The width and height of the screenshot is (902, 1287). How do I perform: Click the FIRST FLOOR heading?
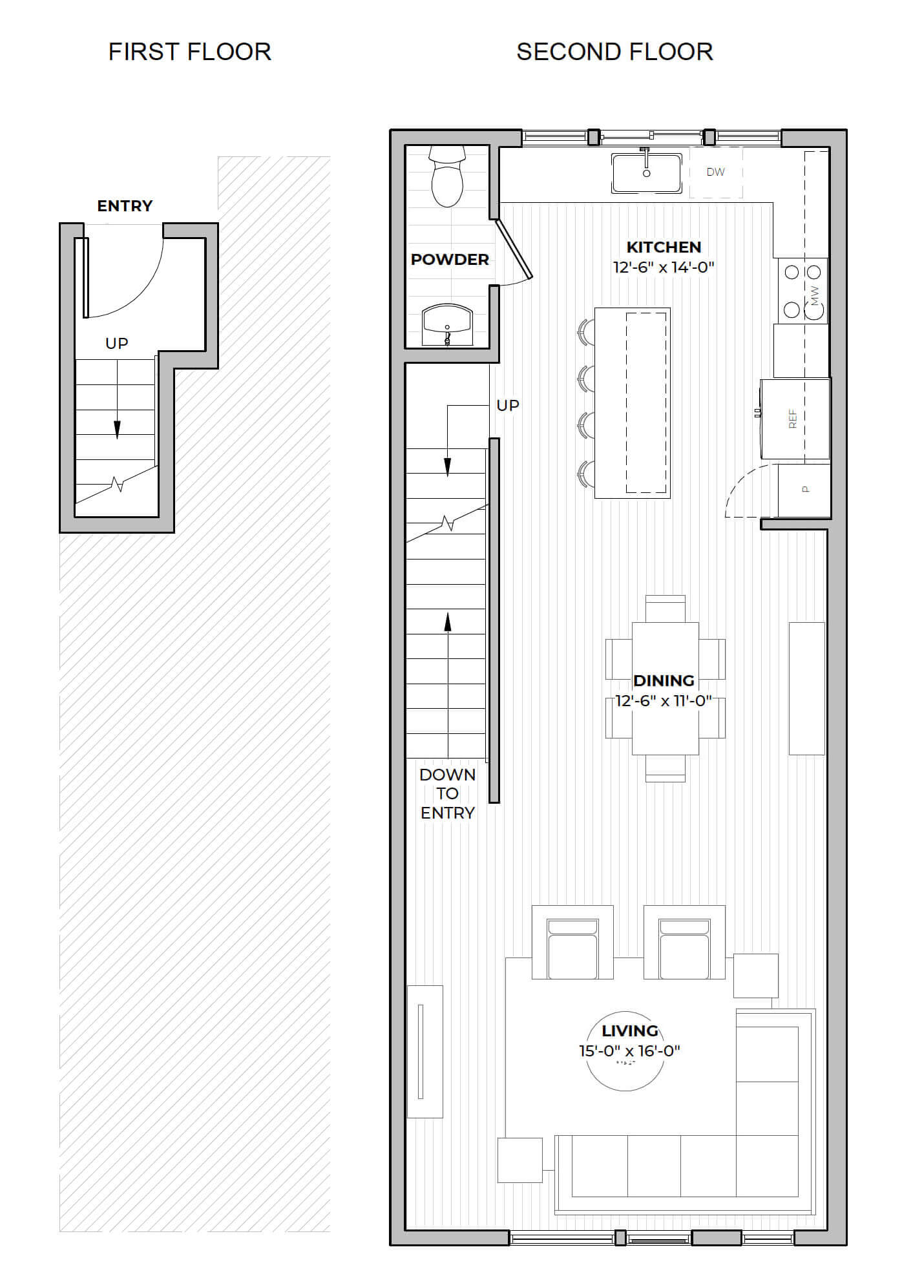coord(189,52)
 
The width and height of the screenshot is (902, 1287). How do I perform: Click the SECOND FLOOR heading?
coord(614,52)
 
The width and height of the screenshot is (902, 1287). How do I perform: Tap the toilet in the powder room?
coord(448,176)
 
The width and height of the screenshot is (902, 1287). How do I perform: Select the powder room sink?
coord(447,326)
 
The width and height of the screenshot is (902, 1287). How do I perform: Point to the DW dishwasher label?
coord(715,172)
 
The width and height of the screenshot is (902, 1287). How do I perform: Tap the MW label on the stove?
coord(814,296)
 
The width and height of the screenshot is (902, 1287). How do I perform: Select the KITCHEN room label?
coord(664,247)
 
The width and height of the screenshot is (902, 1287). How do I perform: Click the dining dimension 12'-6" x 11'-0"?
coord(664,700)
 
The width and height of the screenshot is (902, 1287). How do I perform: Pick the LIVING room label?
coord(630,1031)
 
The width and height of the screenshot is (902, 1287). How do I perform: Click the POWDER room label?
coord(450,259)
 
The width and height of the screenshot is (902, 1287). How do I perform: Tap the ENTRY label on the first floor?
coord(125,205)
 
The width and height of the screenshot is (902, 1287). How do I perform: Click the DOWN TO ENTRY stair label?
coord(447,793)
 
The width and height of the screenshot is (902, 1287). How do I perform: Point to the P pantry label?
coord(805,489)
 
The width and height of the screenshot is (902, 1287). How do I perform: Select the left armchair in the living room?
coord(572,942)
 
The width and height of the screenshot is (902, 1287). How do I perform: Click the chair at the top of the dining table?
coord(665,609)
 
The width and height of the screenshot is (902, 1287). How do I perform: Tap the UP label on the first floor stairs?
coord(117,343)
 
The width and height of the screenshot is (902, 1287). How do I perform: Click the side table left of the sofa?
coord(519,1160)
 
